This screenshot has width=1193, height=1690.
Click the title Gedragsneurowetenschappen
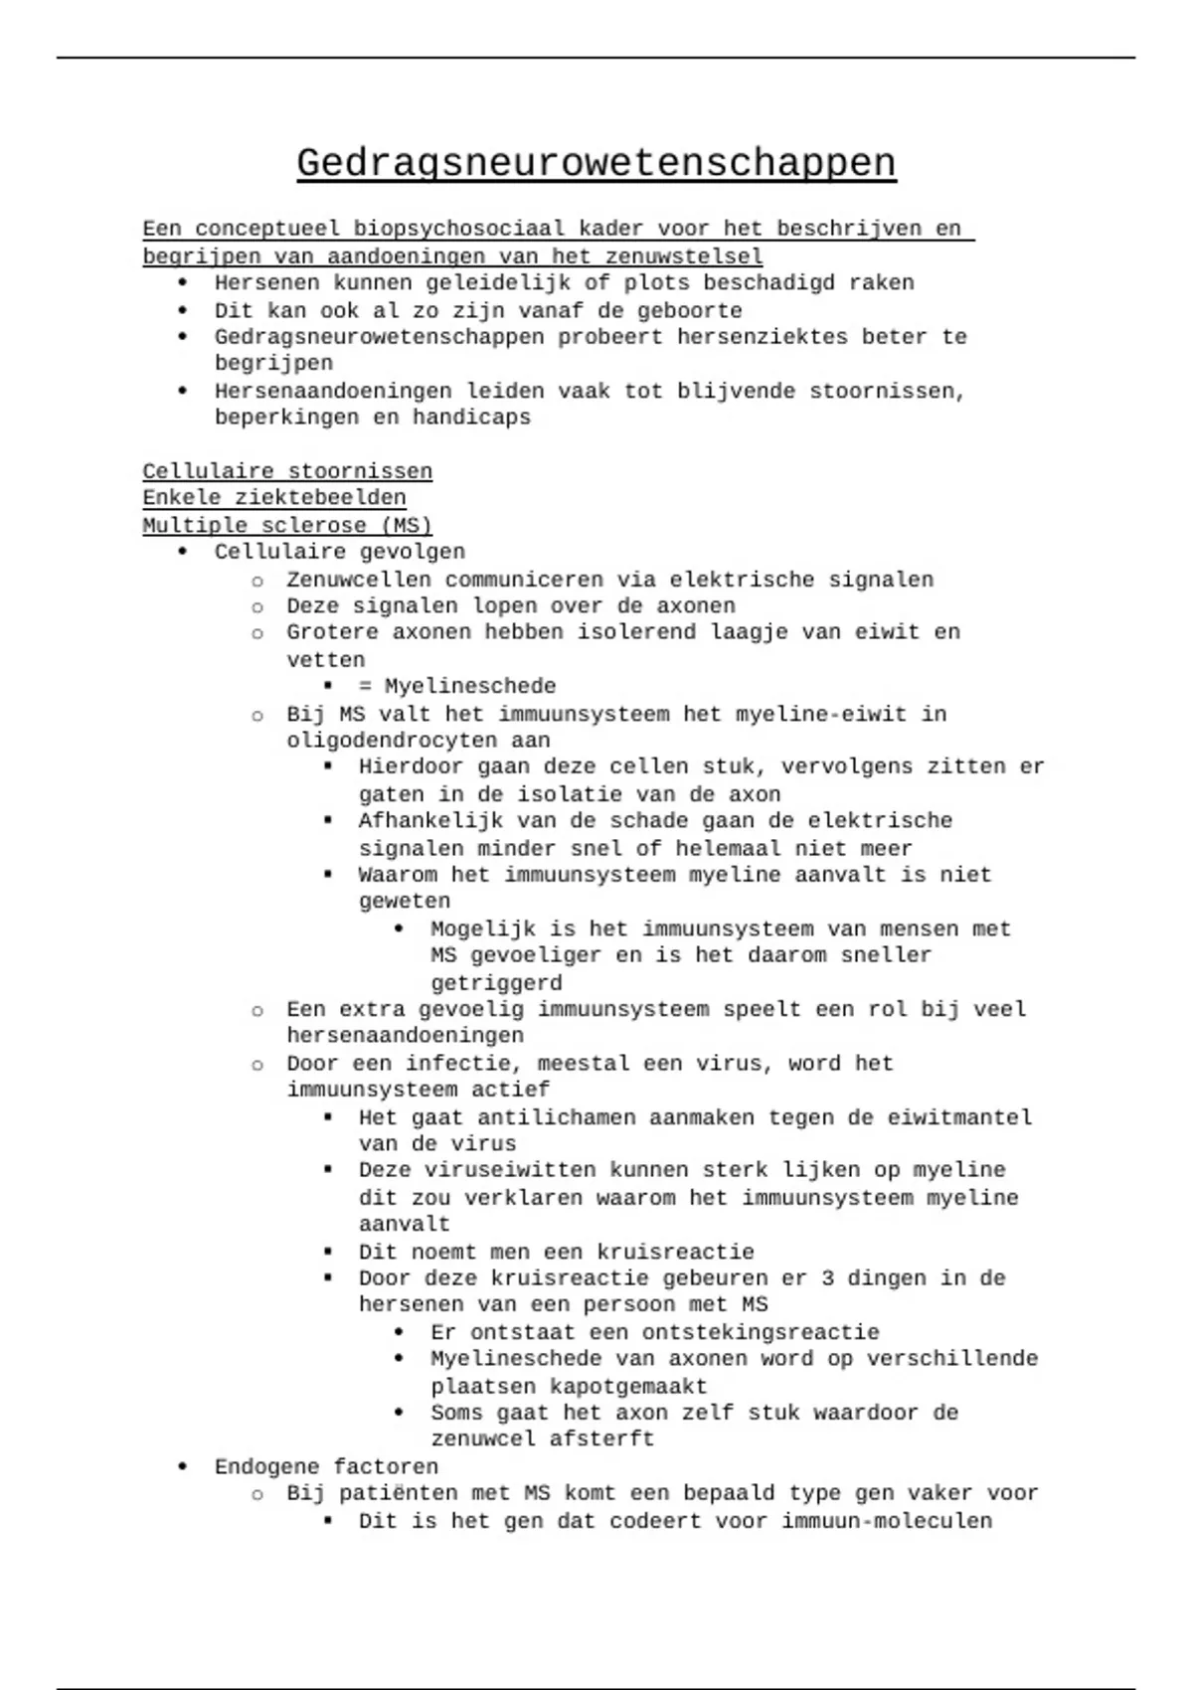(x=596, y=163)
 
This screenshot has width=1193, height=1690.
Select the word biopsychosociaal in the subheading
(x=458, y=229)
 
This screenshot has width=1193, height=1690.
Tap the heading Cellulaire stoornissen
(x=287, y=471)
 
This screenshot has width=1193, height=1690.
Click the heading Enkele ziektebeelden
(x=274, y=497)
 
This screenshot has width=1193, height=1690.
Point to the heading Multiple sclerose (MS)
(x=287, y=525)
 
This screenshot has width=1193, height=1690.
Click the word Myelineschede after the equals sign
(x=470, y=686)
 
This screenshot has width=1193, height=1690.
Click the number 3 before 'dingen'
(x=828, y=1277)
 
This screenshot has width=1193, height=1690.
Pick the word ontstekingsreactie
(x=761, y=1332)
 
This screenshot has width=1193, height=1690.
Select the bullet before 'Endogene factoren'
(x=182, y=1466)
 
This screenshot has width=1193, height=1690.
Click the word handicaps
(x=471, y=418)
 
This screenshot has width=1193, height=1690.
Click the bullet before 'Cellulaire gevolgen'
(x=182, y=552)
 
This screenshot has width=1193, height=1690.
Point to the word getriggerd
(x=496, y=983)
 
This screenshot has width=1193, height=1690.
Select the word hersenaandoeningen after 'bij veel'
(x=405, y=1036)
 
